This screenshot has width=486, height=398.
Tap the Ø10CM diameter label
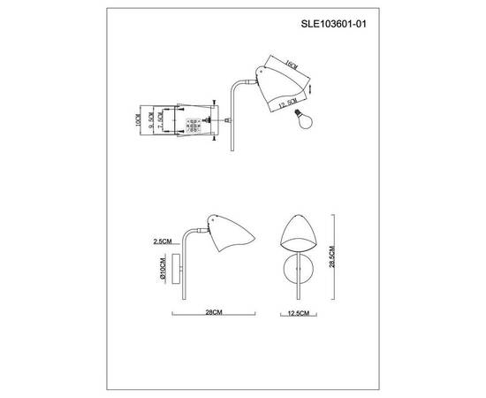pos(163,266)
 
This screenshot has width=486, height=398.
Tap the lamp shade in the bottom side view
pos(228,233)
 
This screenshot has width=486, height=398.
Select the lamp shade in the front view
pos(300,236)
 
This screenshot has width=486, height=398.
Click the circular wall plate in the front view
pos(300,270)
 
